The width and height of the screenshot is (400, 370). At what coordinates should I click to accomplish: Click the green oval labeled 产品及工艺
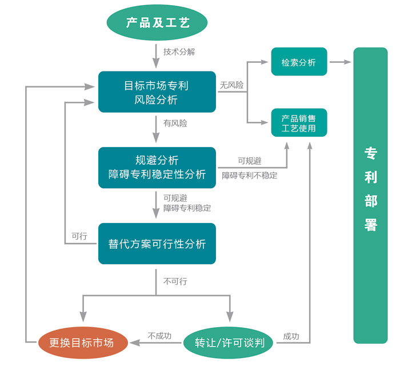(x=157, y=23)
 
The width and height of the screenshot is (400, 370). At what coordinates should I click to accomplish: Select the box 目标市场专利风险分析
(x=157, y=92)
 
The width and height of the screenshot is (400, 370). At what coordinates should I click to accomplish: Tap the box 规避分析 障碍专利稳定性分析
(x=157, y=167)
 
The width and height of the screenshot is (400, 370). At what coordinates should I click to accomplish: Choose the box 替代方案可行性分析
(x=157, y=244)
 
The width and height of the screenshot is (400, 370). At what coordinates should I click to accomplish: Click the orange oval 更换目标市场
(x=81, y=343)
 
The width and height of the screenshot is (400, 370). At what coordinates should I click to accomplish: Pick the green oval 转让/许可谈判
(x=229, y=343)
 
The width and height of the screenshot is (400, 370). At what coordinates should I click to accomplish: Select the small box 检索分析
(x=299, y=62)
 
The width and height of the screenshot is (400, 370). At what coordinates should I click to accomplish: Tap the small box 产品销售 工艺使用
(x=299, y=123)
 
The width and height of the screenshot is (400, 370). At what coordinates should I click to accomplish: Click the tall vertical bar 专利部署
(x=370, y=195)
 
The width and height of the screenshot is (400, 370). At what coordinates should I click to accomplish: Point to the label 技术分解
(x=179, y=52)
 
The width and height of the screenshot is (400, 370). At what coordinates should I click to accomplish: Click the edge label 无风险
(x=231, y=85)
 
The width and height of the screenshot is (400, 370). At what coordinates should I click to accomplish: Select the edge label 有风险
(x=175, y=123)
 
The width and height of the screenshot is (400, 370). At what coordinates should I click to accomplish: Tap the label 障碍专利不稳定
(x=249, y=176)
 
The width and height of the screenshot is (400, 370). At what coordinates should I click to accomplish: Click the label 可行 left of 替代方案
(x=79, y=236)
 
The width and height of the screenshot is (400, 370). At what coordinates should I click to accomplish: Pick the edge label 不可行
(x=175, y=282)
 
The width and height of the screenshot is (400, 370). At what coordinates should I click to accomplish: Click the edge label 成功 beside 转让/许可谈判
(x=291, y=337)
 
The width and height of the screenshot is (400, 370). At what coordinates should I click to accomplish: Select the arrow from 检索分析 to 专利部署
(x=341, y=61)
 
